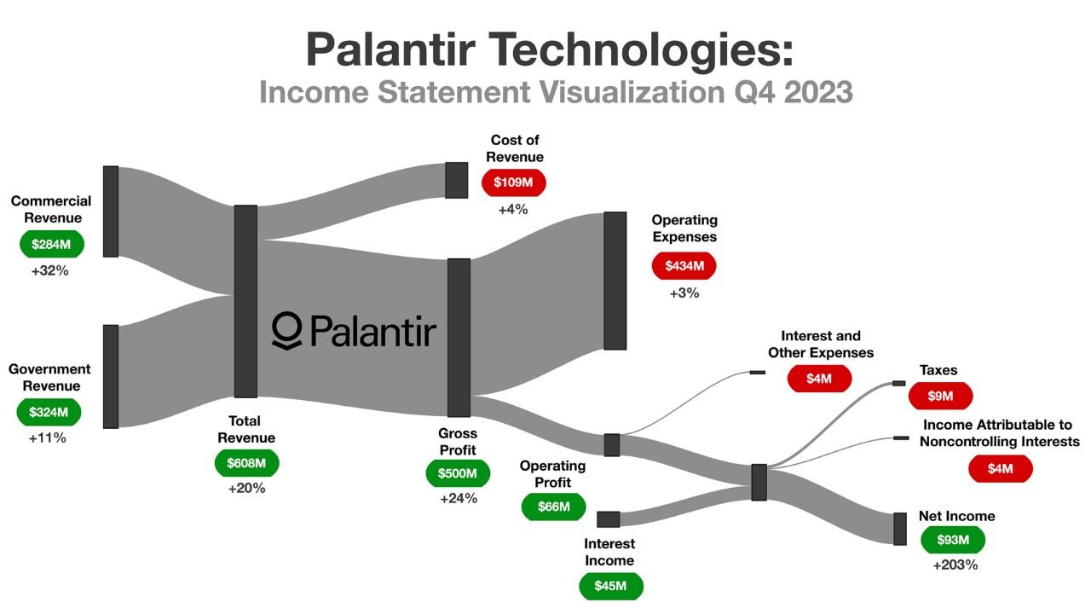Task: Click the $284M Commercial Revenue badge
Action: tap(52, 245)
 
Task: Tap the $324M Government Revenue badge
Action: tap(49, 413)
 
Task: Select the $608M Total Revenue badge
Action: tap(246, 464)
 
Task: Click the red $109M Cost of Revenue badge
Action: tap(513, 182)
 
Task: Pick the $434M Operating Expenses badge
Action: tap(684, 266)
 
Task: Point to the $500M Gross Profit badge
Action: tap(458, 473)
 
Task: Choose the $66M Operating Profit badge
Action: tap(553, 507)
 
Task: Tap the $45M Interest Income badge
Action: tap(611, 587)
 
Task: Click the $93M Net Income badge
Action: tap(953, 540)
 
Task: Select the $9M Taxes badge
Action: tap(940, 397)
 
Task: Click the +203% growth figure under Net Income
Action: tap(955, 565)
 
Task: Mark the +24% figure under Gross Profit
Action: tap(459, 499)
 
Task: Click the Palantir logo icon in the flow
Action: tap(286, 330)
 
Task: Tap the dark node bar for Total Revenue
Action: tap(245, 301)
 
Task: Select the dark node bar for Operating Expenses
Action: tap(615, 281)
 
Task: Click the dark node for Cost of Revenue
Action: tap(456, 180)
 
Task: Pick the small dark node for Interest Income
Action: tap(608, 519)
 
